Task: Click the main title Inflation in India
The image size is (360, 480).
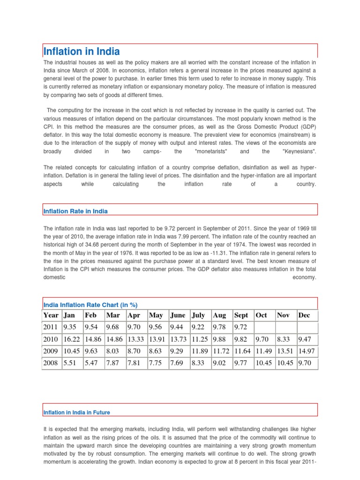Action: click(x=82, y=51)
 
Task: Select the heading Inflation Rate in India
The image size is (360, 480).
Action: click(x=75, y=211)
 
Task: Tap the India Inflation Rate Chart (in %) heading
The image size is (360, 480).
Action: click(x=90, y=304)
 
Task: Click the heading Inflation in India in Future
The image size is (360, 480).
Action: click(x=76, y=412)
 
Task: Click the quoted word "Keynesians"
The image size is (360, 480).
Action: click(x=300, y=151)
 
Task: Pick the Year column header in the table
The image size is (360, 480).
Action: click(x=51, y=315)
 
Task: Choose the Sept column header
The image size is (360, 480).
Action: click(x=241, y=315)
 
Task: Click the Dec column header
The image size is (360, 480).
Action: click(x=304, y=315)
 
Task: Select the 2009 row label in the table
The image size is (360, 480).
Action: click(x=50, y=350)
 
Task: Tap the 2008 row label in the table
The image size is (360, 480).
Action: click(x=50, y=362)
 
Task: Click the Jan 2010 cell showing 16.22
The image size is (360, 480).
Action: click(x=72, y=338)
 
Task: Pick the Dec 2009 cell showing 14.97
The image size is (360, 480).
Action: click(x=307, y=350)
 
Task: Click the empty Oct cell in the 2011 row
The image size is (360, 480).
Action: click(x=264, y=327)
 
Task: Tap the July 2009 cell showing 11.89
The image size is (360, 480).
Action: click(x=200, y=350)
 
